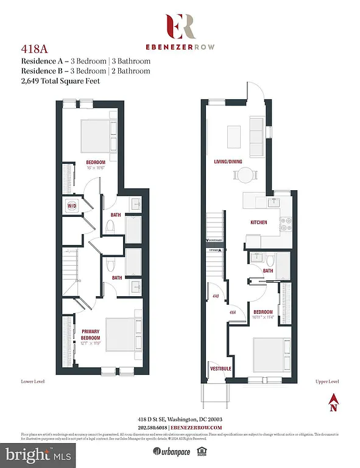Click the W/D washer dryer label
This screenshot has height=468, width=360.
(x=72, y=206)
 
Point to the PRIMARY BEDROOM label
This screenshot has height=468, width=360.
(x=90, y=335)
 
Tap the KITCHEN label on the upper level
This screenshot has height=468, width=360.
(x=259, y=223)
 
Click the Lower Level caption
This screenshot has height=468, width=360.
(x=33, y=381)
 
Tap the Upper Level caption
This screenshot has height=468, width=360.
(x=326, y=381)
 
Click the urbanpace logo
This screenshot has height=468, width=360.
(x=166, y=452)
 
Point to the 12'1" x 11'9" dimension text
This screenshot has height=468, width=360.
(x=90, y=344)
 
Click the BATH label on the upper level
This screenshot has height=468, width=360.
(x=268, y=270)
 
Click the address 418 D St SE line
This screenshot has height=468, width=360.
(x=180, y=419)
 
